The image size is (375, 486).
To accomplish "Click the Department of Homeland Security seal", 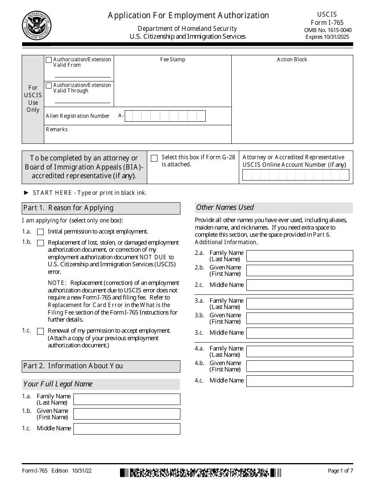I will tap(37, 26).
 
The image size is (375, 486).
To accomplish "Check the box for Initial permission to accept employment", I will tap(40, 232).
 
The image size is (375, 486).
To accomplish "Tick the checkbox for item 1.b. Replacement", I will tap(40, 243).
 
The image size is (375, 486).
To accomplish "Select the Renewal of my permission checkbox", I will tap(40, 331).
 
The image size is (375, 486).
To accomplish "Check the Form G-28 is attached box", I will tap(154, 158).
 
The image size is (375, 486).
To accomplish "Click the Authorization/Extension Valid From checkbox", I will tap(49, 60).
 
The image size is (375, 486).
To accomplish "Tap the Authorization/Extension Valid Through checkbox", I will tap(49, 86).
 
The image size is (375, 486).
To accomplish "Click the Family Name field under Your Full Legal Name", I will tap(127, 399).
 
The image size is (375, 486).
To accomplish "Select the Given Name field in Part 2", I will tap(127, 414).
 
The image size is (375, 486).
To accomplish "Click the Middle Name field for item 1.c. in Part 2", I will tap(127, 429).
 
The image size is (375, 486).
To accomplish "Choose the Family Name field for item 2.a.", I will tap(300, 256).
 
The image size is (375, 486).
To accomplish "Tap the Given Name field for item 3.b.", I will tap(300, 318).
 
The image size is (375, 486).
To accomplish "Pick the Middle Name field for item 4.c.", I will tap(300, 381).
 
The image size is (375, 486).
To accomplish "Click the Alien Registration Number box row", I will tap(165, 116).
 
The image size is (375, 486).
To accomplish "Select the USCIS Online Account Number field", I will tap(296, 175).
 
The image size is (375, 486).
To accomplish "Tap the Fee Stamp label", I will tap(172, 60).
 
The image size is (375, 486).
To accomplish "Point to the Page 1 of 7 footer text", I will tap(340, 471).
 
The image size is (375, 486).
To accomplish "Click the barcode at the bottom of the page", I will tap(201, 473).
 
